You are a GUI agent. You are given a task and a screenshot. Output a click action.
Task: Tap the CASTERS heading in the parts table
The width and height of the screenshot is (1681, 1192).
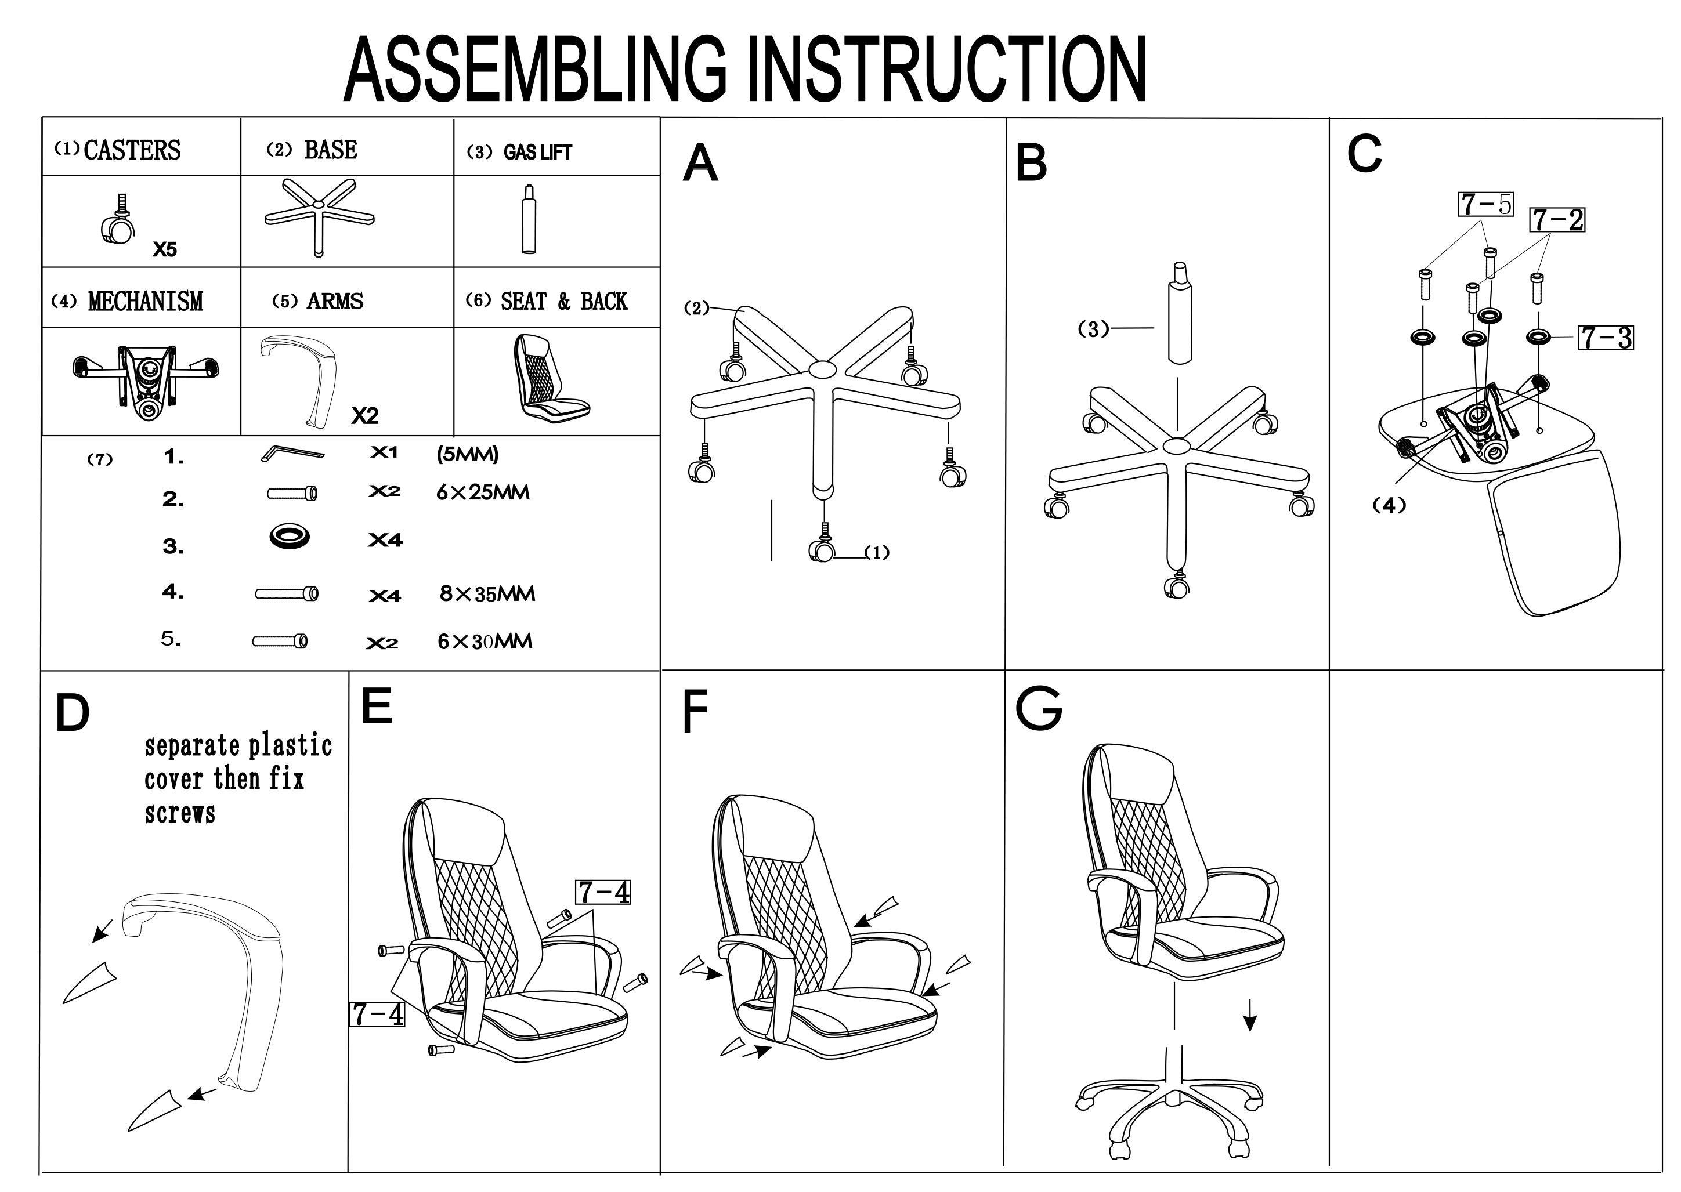point(132,150)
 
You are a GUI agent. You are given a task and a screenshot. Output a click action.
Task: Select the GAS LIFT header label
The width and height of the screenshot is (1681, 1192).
point(537,152)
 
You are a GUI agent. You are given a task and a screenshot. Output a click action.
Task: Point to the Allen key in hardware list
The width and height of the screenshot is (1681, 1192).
point(292,454)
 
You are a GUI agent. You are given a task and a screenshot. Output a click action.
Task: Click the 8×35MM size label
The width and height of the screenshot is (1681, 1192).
point(487,594)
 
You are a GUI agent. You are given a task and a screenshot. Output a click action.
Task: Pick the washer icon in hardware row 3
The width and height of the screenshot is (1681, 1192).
point(289,537)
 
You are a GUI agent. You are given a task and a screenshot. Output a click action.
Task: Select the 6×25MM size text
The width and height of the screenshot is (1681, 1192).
point(483,492)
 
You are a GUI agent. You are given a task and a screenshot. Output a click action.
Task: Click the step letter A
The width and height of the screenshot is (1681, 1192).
point(700,163)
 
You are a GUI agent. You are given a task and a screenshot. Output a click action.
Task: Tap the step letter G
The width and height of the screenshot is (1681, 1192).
point(1038,708)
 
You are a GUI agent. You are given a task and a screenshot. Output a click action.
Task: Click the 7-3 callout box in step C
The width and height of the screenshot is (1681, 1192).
point(1606,338)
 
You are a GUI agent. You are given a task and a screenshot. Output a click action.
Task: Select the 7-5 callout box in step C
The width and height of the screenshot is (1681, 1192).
point(1485,204)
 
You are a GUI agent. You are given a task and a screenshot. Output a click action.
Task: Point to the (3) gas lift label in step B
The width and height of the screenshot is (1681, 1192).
point(1093,329)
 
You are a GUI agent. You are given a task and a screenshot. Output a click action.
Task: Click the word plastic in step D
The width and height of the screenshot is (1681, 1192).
point(291,746)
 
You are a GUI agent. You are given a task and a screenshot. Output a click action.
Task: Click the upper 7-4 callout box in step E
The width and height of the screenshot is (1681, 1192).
point(603,893)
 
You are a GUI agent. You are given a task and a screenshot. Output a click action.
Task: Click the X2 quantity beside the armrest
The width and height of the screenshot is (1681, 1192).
point(365,416)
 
